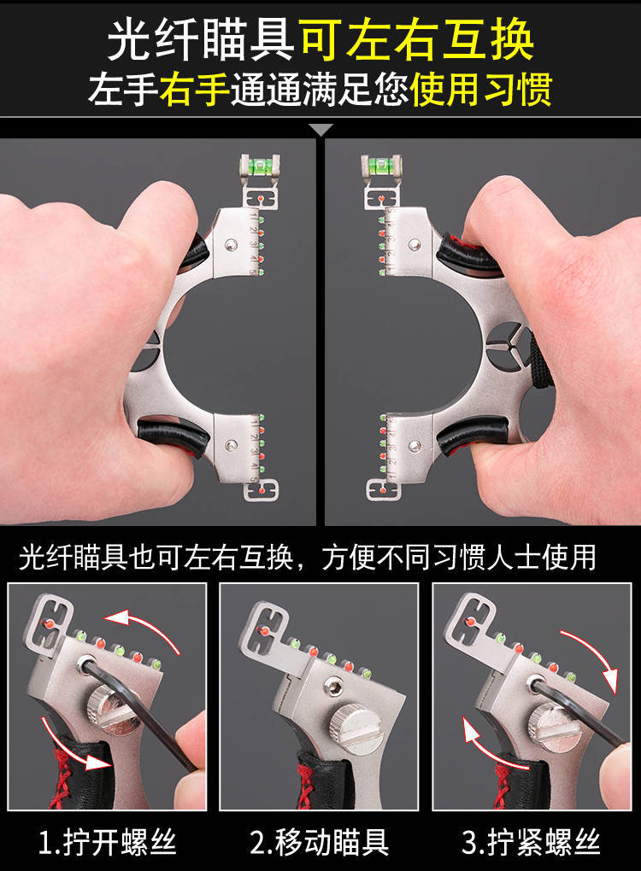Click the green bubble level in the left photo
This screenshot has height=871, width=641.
point(260,165)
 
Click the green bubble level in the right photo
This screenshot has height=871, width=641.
point(381,165)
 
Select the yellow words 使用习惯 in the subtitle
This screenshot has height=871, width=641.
point(481,90)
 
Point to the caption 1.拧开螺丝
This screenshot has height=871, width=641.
point(108,842)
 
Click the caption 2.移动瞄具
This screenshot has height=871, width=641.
point(319,842)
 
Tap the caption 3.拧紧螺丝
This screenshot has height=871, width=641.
point(531,842)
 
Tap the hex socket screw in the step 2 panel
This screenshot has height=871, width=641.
point(333,688)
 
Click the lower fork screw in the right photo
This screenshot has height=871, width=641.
point(415,446)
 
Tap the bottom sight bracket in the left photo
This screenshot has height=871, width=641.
point(262,491)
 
